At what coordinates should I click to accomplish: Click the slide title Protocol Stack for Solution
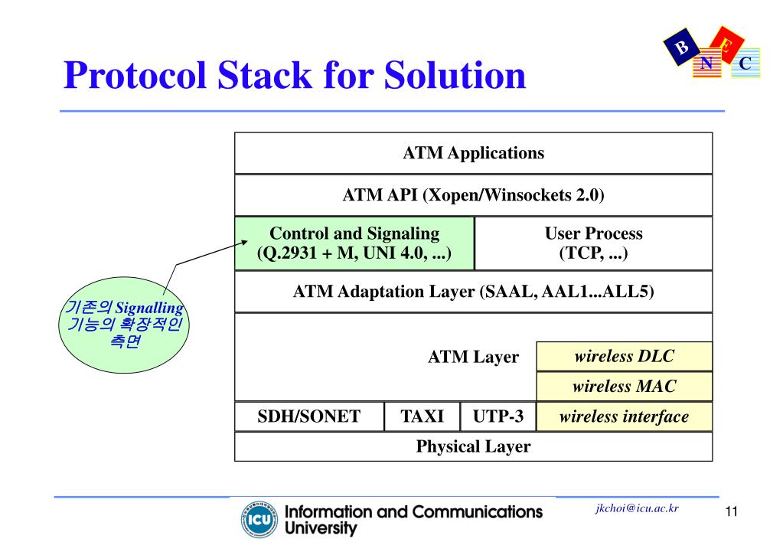point(295,75)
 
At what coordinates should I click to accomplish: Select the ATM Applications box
point(473,153)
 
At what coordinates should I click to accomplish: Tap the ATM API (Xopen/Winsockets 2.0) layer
point(473,195)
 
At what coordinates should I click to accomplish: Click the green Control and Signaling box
point(354,243)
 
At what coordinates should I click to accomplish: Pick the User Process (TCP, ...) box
point(593,243)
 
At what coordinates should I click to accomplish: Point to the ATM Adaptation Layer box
point(473,292)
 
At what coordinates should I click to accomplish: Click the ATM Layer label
point(472,357)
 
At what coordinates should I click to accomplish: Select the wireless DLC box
point(624,356)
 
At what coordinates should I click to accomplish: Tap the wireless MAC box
point(624,387)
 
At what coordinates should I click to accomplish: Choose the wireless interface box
point(624,416)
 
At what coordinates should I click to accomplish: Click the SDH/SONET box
point(308,416)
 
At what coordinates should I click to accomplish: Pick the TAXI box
point(422,416)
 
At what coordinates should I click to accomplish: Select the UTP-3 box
point(498,416)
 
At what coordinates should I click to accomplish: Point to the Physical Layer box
point(473,446)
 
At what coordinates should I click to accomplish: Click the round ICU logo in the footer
point(256,519)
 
